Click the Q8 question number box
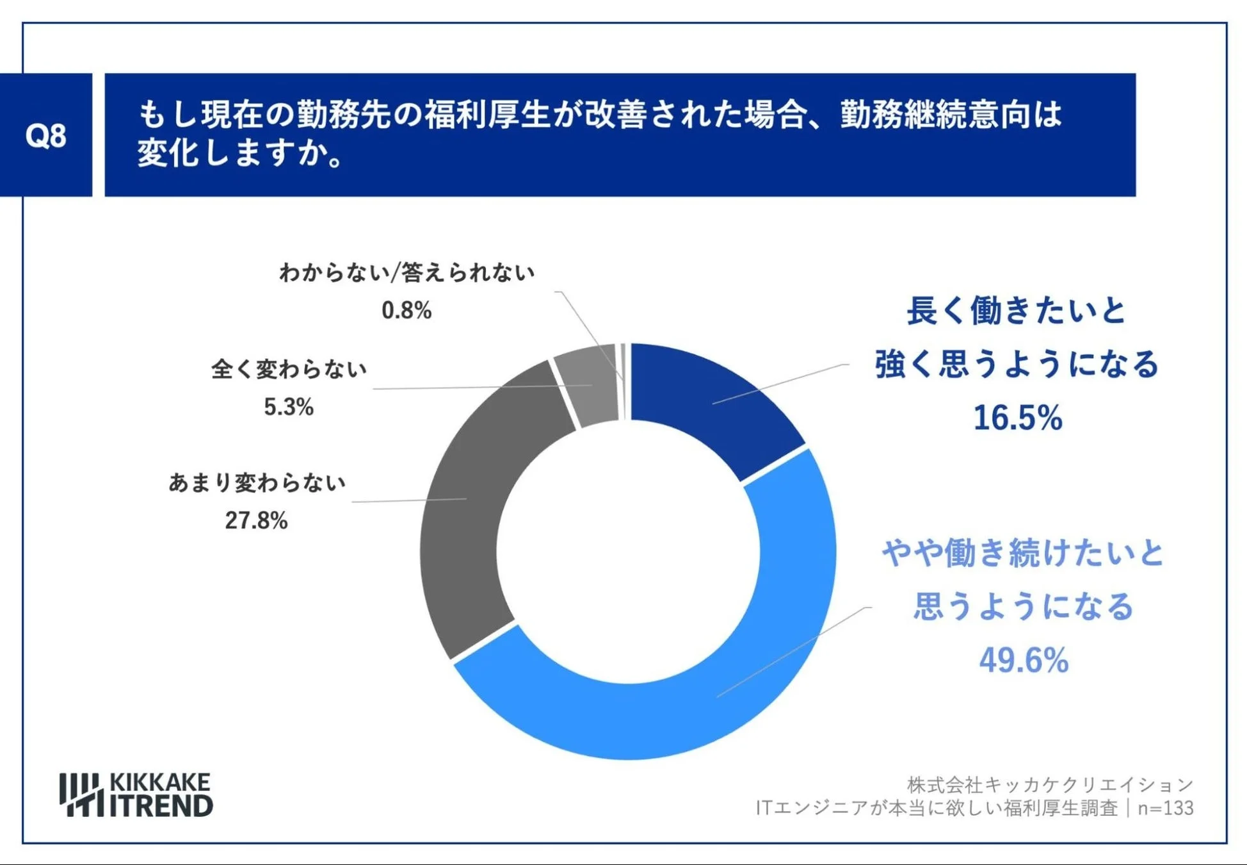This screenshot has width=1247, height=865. (45, 135)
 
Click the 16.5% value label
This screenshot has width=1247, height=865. (1018, 418)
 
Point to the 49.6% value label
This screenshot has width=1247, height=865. (1024, 660)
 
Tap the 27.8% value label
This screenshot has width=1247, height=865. (256, 520)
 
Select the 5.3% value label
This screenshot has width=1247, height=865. (289, 407)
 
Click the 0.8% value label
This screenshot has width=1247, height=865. (406, 311)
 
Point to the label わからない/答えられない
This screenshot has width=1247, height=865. (406, 273)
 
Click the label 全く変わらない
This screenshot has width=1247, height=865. (289, 369)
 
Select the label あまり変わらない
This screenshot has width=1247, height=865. (257, 482)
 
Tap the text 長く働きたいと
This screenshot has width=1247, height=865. (1016, 311)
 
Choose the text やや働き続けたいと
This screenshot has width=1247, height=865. (1022, 553)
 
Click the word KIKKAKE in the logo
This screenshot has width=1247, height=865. (160, 782)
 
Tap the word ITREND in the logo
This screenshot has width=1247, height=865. (161, 806)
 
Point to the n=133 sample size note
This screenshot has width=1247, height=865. (1165, 808)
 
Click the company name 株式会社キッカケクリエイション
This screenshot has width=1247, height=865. (1050, 784)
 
